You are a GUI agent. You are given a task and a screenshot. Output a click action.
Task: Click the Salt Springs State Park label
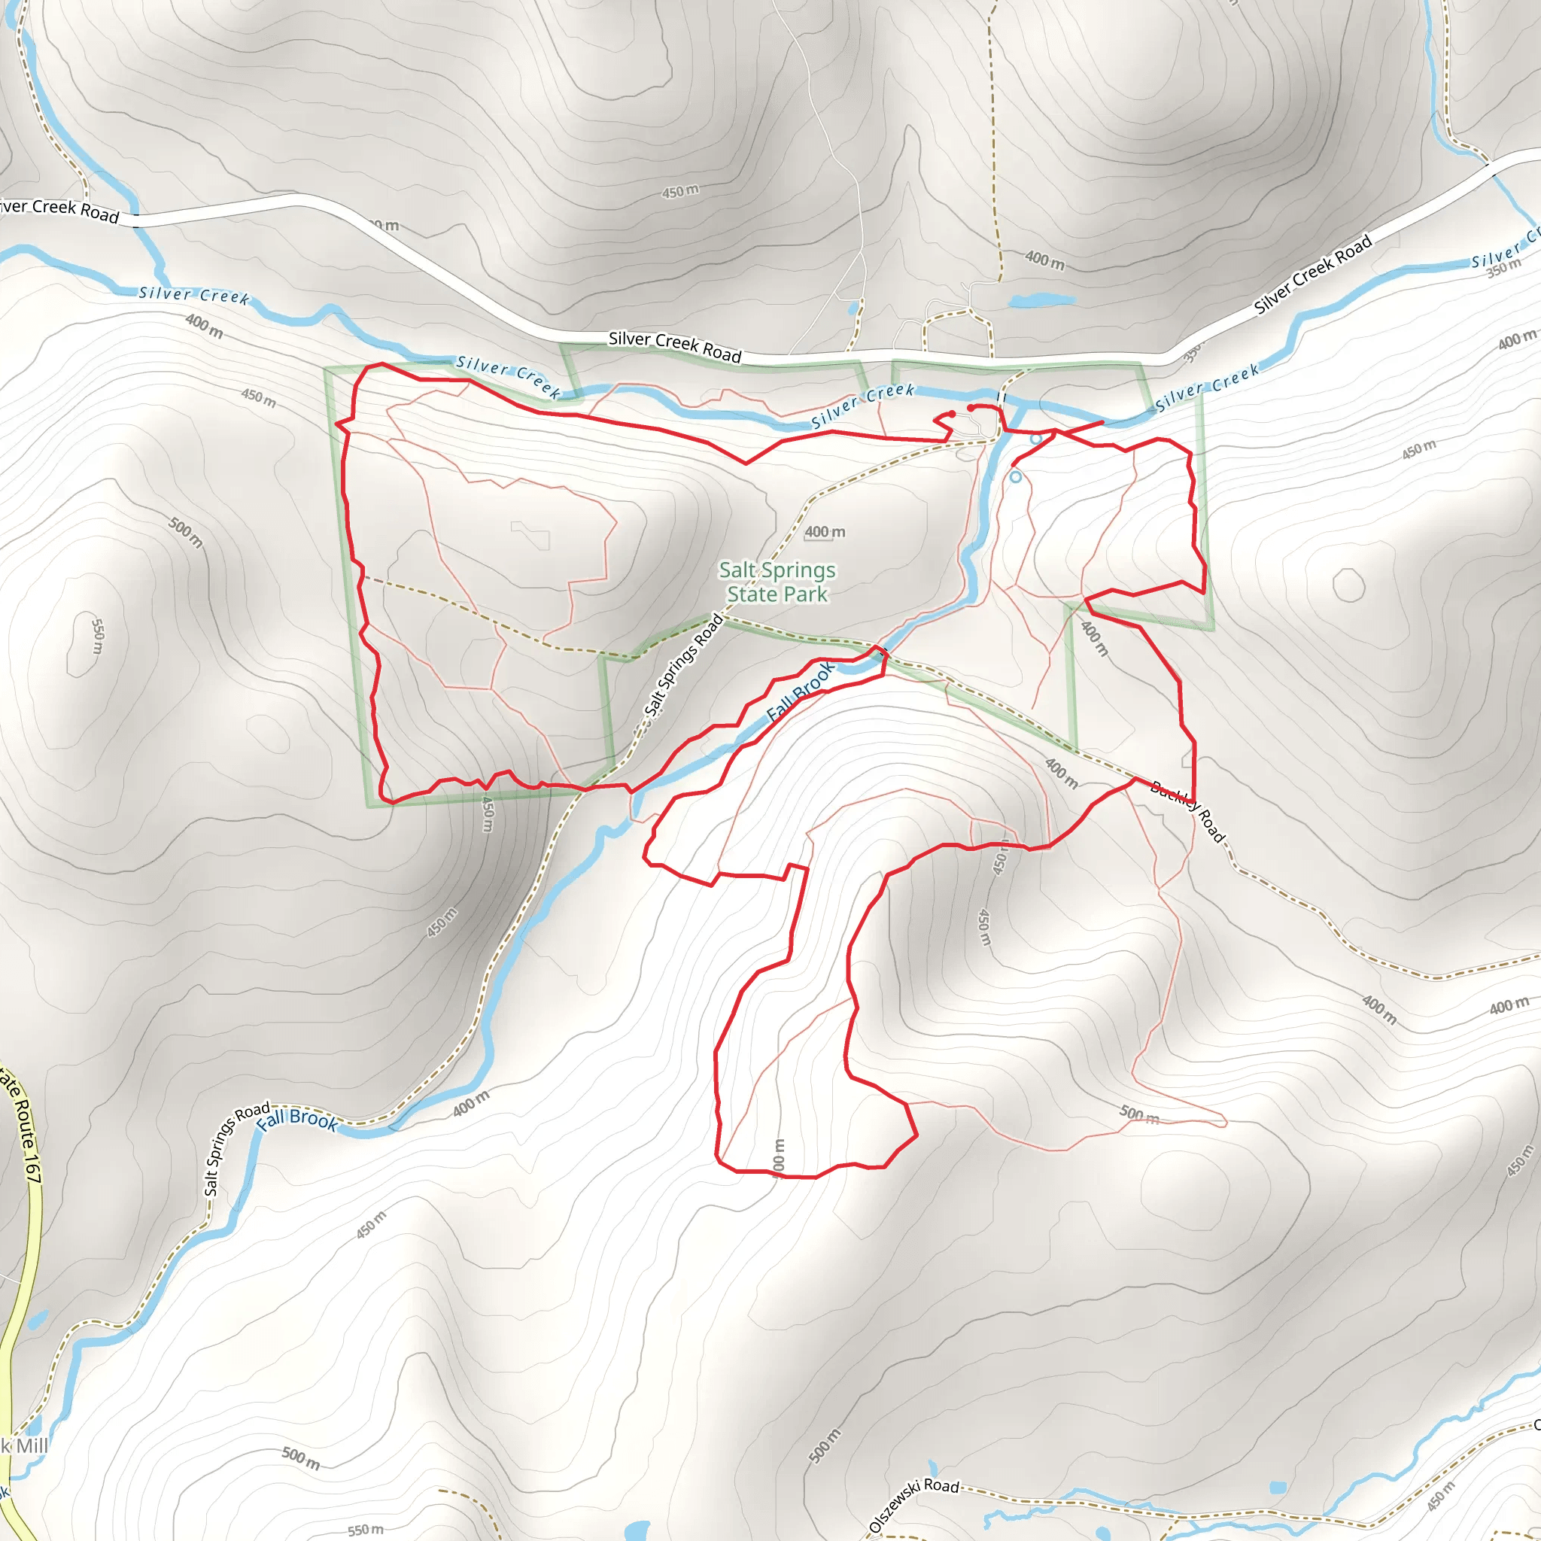(777, 582)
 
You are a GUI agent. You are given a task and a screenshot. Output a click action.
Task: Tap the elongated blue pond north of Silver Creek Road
(1041, 302)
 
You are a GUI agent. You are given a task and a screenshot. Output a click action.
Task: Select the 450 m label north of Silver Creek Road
(680, 191)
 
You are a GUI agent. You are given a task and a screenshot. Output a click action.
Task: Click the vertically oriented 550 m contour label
(96, 637)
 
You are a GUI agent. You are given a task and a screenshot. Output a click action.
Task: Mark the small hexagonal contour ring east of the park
(1348, 585)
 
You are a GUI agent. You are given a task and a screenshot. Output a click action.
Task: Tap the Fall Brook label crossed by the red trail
(800, 691)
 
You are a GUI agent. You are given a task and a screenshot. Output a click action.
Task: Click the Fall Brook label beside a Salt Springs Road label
(297, 1119)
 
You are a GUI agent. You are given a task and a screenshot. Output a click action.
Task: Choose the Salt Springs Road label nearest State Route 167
(236, 1150)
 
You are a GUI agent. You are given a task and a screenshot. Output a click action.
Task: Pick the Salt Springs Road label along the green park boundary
(683, 666)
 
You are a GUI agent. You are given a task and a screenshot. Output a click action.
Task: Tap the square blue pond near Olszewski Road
(1277, 1488)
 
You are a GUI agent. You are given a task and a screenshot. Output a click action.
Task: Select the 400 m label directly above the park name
(825, 532)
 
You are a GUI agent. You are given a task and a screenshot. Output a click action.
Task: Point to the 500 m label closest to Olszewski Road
(825, 1446)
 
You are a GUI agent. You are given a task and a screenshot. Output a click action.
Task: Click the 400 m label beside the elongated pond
(1044, 260)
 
